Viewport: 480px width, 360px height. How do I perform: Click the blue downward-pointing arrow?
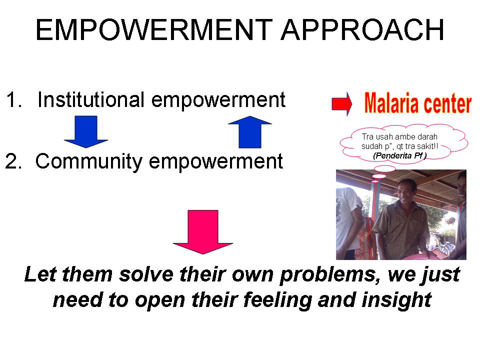[x=86, y=131]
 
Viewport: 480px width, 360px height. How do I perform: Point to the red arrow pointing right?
[x=342, y=104]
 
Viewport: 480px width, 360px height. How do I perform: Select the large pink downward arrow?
[x=202, y=231]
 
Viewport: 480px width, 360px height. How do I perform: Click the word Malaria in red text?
[x=393, y=103]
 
